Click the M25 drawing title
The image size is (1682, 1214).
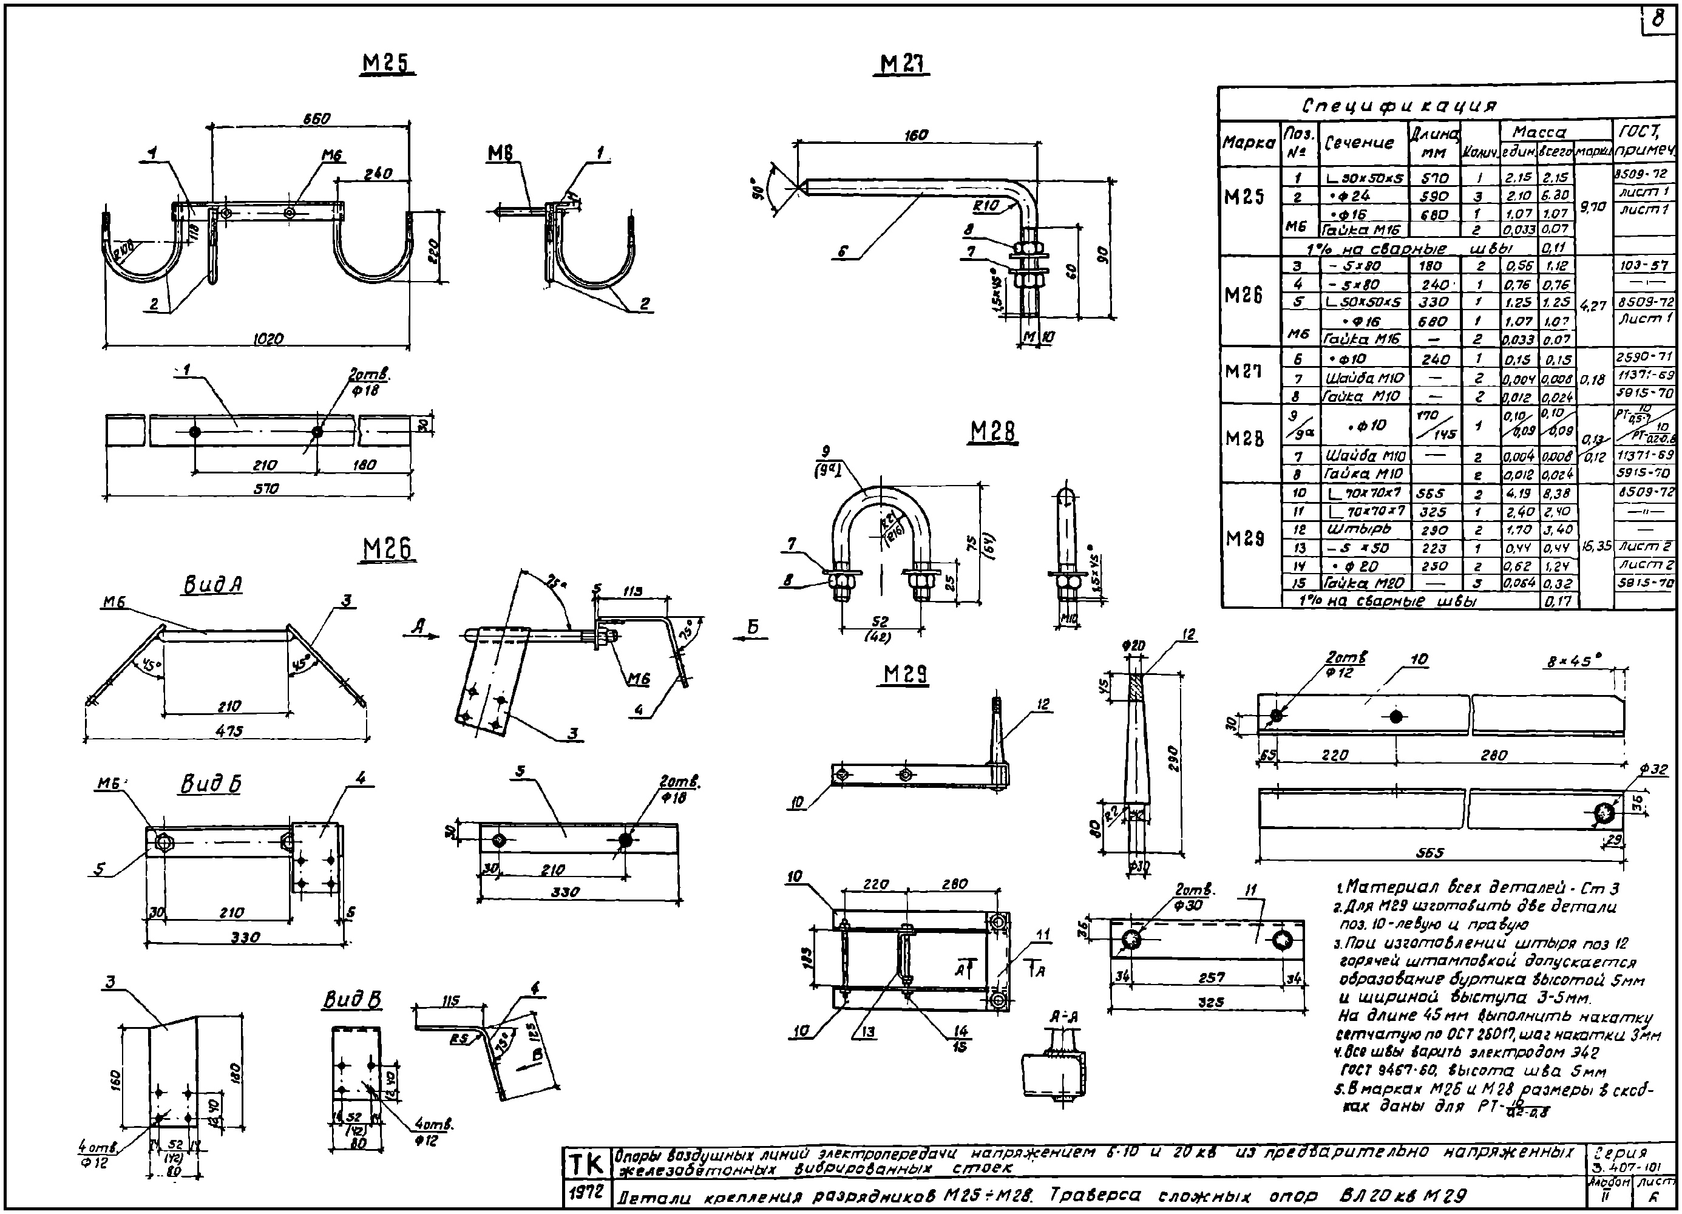coord(388,64)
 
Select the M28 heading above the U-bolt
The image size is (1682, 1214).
coord(992,432)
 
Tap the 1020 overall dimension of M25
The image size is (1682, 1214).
coord(268,339)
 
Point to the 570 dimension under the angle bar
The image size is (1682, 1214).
coord(263,489)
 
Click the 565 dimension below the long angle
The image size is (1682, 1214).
coord(1430,853)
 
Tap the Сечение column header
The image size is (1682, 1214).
coord(1360,143)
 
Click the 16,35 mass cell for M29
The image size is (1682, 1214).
coord(1596,546)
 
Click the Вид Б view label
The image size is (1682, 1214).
coord(211,784)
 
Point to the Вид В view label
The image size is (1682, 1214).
coord(352,1000)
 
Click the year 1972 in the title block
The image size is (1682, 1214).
coord(586,1193)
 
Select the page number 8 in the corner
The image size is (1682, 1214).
coord(1658,20)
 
